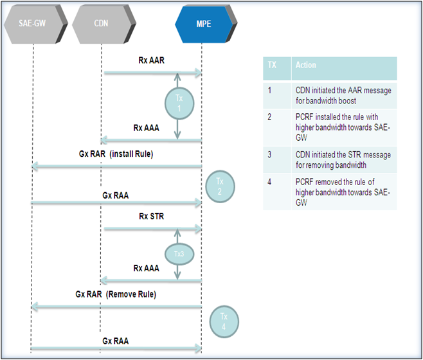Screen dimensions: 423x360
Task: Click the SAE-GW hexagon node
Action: pyautogui.click(x=35, y=24)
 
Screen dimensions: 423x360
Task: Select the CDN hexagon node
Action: pyautogui.click(x=104, y=24)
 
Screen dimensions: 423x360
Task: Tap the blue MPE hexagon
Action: pyautogui.click(x=206, y=24)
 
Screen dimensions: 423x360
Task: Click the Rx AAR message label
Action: pyautogui.click(x=151, y=60)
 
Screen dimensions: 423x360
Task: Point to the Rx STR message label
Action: pyautogui.click(x=151, y=216)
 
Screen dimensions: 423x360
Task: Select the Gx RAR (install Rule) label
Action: pyautogui.click(x=116, y=154)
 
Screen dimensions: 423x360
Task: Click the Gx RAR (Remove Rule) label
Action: pyautogui.click(x=116, y=294)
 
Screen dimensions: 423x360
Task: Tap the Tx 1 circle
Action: pyautogui.click(x=179, y=104)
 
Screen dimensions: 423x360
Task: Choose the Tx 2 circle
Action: pyautogui.click(x=220, y=186)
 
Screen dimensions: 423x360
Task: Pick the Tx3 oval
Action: pyautogui.click(x=179, y=254)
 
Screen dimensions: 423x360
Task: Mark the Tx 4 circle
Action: pyautogui.click(x=224, y=321)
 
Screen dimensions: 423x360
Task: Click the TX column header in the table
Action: pyautogui.click(x=277, y=68)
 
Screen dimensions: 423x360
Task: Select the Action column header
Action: pyautogui.click(x=344, y=68)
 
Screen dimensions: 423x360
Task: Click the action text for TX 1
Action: pyautogui.click(x=343, y=95)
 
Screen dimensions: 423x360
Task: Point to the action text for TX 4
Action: pyautogui.click(x=343, y=192)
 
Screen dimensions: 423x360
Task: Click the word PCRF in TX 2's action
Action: pyautogui.click(x=304, y=117)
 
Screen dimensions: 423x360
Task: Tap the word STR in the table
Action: pyautogui.click(x=354, y=155)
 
